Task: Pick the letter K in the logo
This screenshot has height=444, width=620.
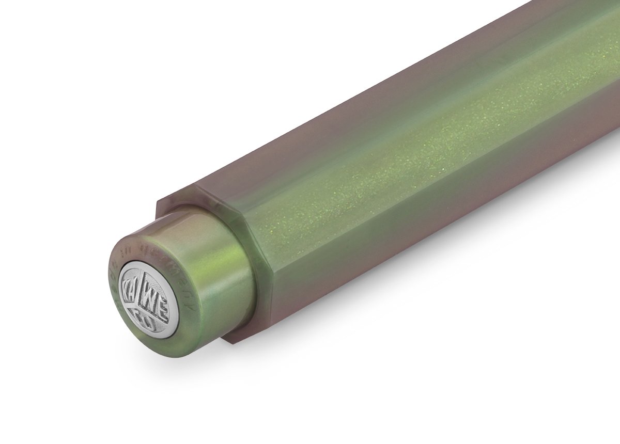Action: pyautogui.click(x=128, y=289)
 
